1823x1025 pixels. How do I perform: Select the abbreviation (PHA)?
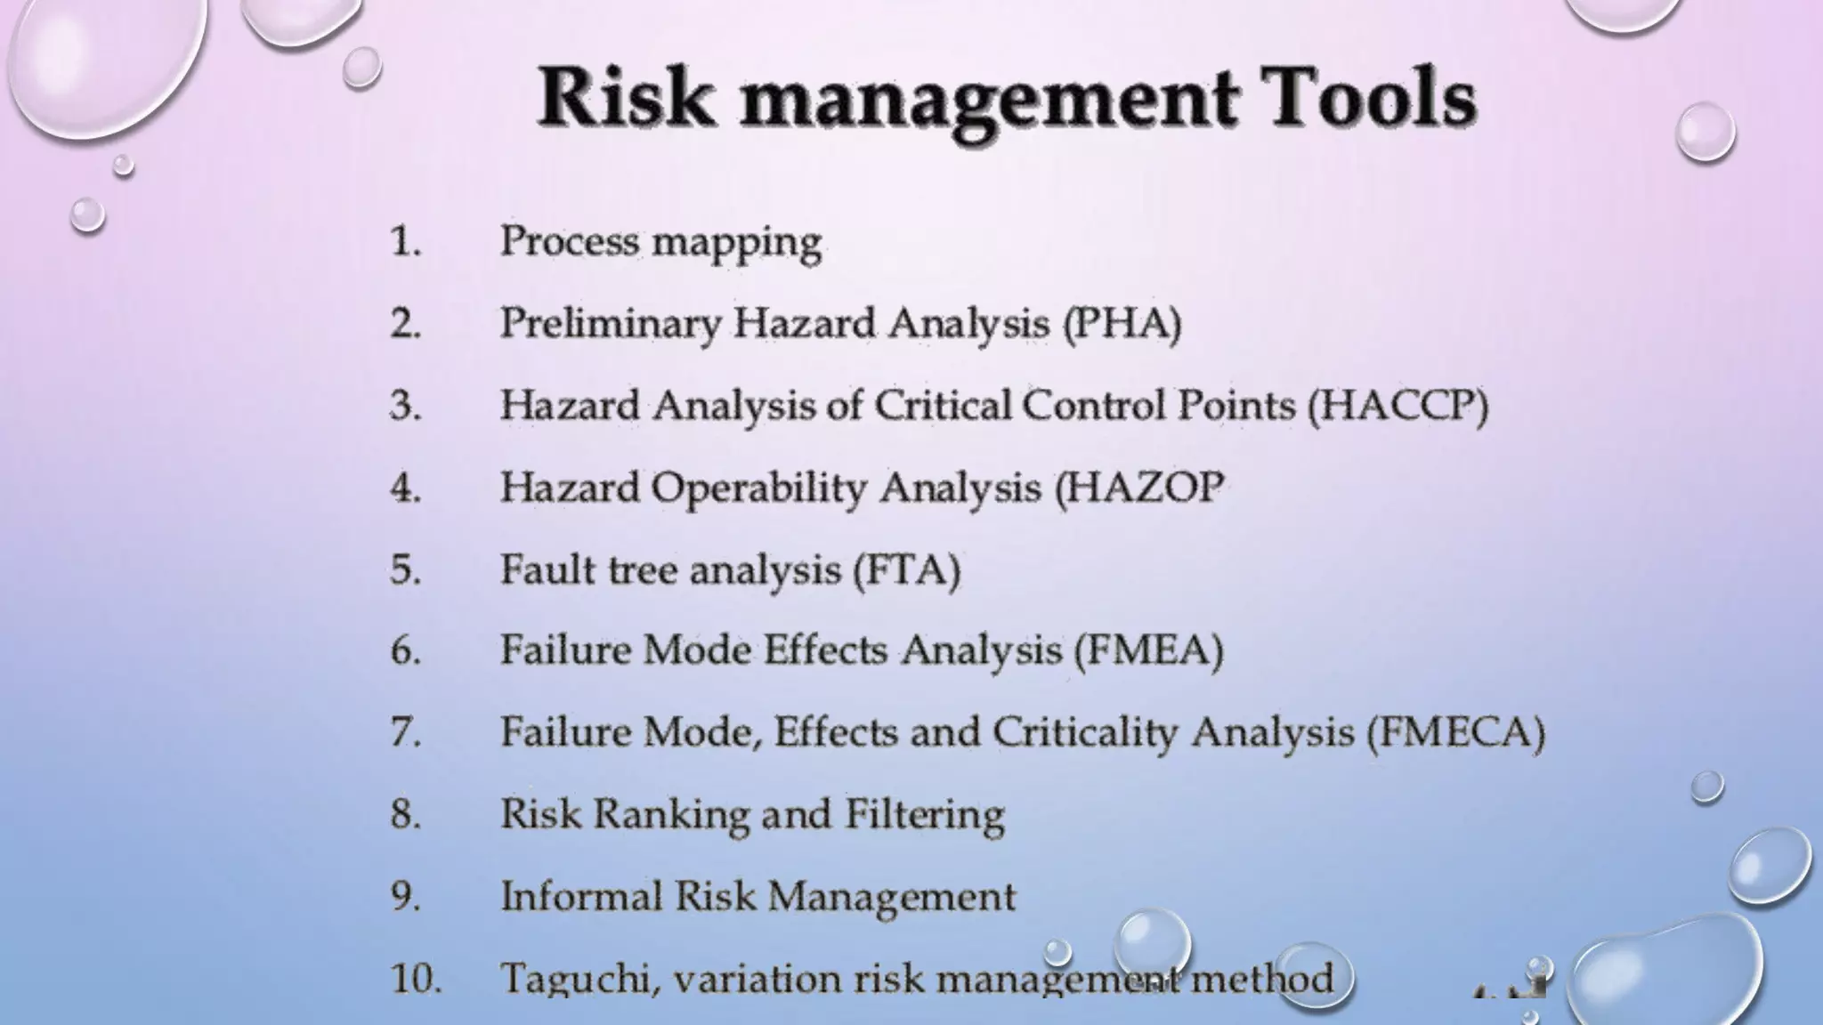1122,323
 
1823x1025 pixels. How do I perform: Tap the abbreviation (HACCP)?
1398,406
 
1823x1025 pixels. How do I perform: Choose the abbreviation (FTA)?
907,569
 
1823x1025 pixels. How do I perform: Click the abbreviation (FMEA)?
1148,650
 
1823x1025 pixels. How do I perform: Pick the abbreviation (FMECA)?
1456,732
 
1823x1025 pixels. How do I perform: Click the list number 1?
405,241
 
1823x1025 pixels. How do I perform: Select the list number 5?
405,569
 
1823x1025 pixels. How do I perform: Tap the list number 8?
405,814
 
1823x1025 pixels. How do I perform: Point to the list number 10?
416,978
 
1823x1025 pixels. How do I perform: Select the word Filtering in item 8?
924,815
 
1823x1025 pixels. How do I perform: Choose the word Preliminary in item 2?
610,324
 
